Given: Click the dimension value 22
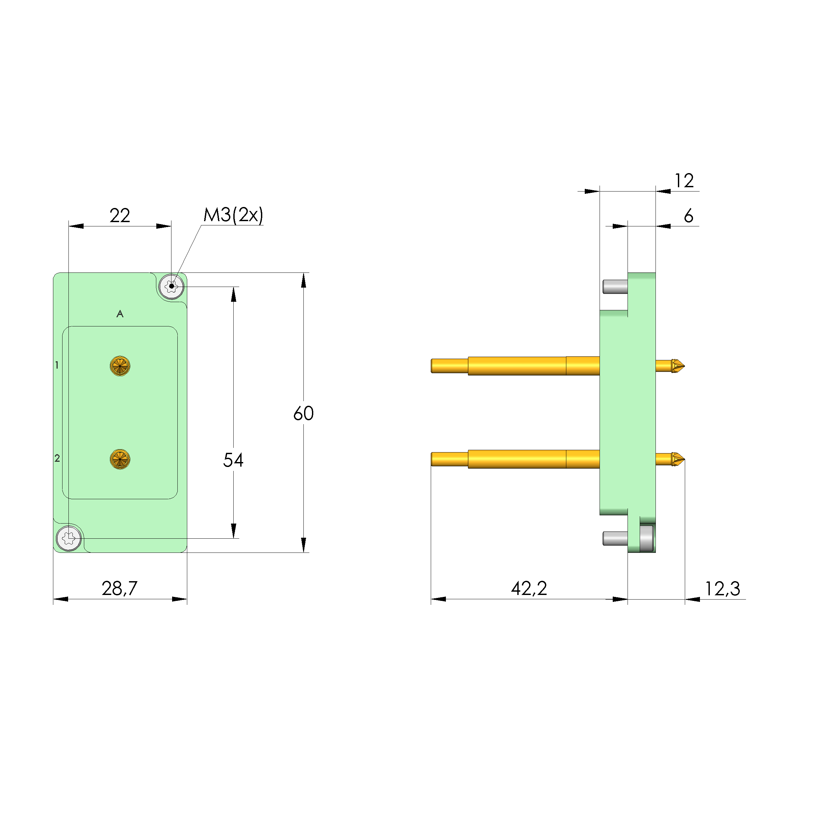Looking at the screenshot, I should tap(119, 216).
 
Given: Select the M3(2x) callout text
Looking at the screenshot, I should tap(233, 215).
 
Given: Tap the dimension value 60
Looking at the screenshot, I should tap(303, 413).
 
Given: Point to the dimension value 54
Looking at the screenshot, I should tap(233, 460).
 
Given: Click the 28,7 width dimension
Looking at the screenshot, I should tap(119, 589).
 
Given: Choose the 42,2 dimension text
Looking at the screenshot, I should tap(529, 589).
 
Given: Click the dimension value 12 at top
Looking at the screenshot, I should tap(684, 181).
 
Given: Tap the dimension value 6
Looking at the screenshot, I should tap(688, 216).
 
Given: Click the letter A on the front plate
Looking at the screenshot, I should tap(120, 314).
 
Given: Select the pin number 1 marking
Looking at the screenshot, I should tap(57, 365).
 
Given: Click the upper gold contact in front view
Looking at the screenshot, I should tap(120, 366).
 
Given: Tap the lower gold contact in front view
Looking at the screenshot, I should tap(120, 459).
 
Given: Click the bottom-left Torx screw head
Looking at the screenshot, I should tap(69, 538).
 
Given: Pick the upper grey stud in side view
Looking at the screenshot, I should tap(615, 287).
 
